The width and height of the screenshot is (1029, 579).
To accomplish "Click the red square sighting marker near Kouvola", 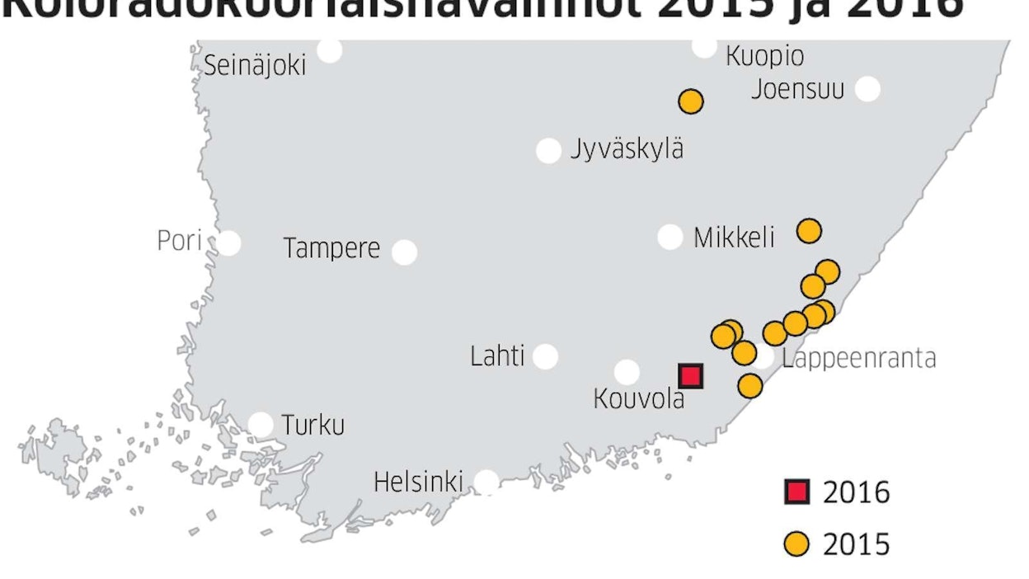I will point(690,376).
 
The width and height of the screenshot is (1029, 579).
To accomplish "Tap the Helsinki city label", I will point(418,482).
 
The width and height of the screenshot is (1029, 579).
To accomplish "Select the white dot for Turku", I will point(261,425).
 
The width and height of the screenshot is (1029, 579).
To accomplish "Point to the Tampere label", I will point(331,248).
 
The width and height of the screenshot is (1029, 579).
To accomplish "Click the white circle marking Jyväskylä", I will point(548,151).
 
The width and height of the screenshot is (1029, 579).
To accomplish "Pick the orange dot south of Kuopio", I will point(691,101).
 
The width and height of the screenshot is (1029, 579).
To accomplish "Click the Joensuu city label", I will point(797,88).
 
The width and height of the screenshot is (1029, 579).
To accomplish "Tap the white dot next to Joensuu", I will point(867,88).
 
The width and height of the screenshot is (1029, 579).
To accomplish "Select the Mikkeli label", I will point(734,238).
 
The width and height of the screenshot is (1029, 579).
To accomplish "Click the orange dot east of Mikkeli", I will point(810,231).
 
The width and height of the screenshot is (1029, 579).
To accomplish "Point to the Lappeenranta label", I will point(858,359).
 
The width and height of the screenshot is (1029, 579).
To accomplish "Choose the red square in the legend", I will point(796,493).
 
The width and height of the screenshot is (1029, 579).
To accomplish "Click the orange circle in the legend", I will point(796,544).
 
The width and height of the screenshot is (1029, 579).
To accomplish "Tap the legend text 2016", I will point(857,493).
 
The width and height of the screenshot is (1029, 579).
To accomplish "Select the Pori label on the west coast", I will point(179,242).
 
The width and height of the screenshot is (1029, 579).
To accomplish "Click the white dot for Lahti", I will point(545,356).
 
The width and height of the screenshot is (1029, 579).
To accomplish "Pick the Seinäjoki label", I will point(255,65).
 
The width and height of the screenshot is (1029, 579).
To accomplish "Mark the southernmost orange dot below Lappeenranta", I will point(750,385).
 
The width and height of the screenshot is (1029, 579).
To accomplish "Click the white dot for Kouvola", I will point(627,372).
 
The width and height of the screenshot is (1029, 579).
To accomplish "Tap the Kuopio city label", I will point(764,56).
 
